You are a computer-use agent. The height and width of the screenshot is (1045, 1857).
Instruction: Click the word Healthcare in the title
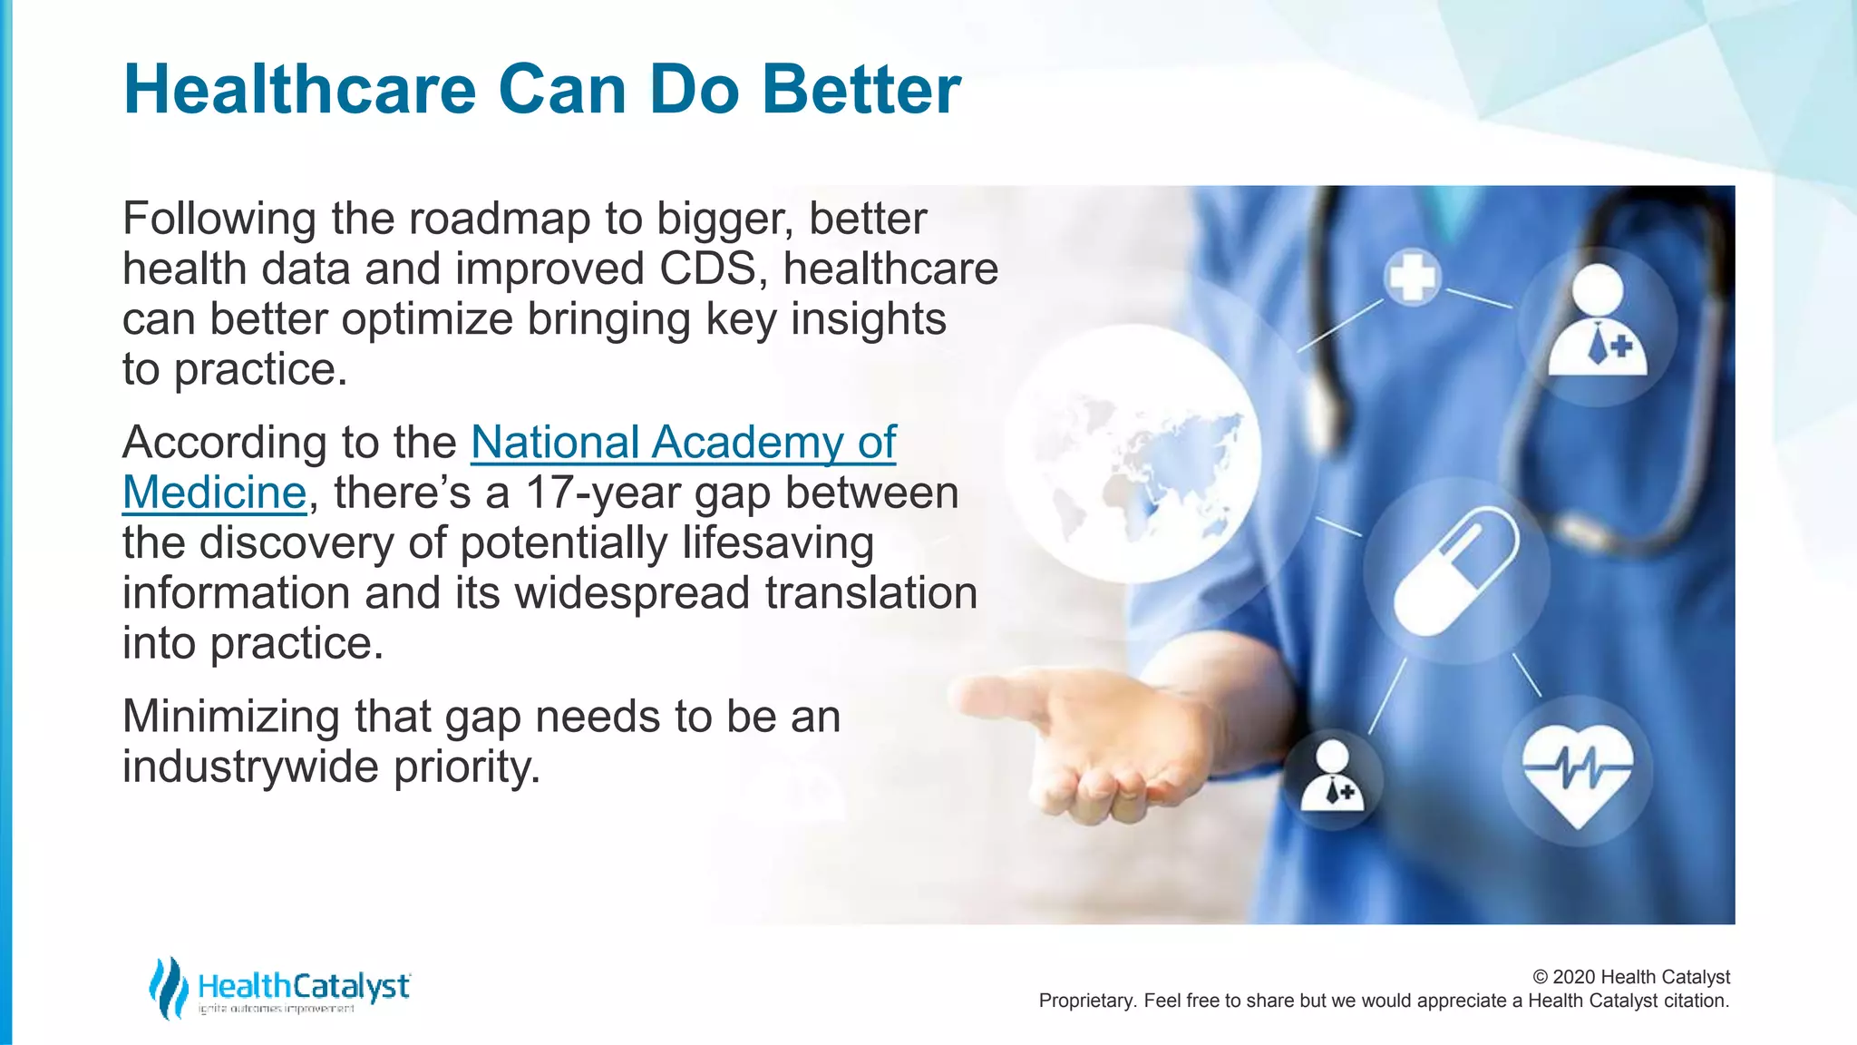pos(299,90)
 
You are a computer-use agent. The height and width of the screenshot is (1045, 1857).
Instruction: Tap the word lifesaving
pos(777,543)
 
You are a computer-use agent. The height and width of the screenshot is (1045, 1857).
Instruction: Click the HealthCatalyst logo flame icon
pos(168,987)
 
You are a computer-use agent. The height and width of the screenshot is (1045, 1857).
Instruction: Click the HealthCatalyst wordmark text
pos(304,985)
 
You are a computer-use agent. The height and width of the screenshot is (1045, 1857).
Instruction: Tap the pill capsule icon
pos(1455,571)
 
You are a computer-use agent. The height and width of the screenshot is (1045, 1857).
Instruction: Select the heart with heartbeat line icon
pos(1577,772)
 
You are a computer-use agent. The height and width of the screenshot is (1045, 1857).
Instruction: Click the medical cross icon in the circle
pos(1412,277)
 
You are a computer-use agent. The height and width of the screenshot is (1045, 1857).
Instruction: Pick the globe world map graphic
pos(1133,454)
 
